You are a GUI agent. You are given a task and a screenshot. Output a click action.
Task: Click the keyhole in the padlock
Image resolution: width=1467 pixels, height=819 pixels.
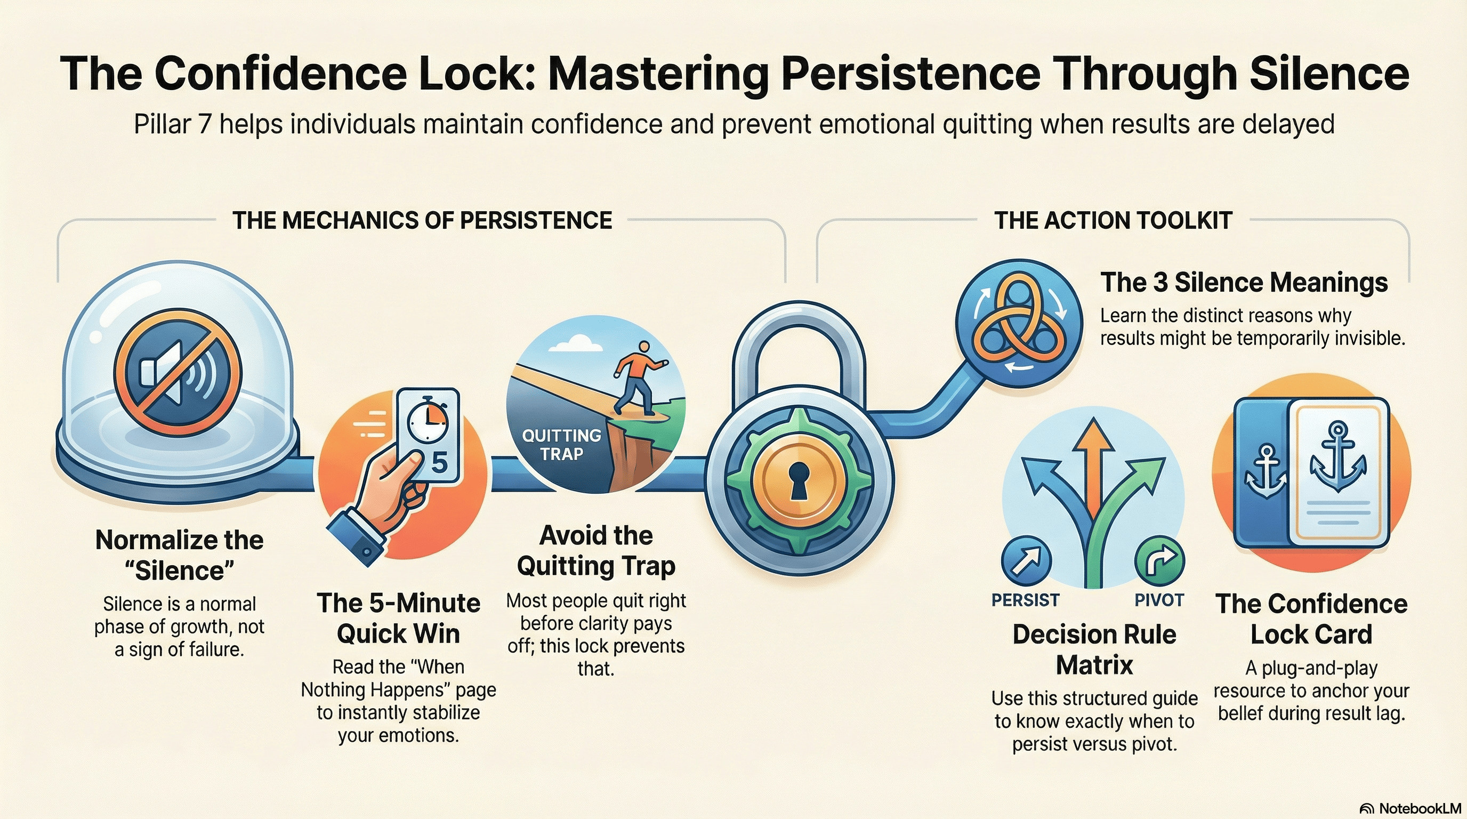(x=799, y=479)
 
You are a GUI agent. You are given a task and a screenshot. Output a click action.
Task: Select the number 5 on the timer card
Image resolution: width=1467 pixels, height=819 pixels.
(x=439, y=462)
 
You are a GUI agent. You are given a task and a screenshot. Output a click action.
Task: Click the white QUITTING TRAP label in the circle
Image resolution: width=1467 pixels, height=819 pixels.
(x=561, y=445)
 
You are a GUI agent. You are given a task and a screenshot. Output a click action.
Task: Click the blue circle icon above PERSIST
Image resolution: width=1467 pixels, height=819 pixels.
(x=1026, y=559)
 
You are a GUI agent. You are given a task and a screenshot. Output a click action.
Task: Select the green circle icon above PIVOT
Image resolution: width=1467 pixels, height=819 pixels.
(x=1159, y=559)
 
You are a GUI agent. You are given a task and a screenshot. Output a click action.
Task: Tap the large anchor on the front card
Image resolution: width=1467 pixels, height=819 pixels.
(x=1337, y=456)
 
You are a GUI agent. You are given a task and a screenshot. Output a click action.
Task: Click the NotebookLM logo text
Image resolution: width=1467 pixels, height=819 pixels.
(x=1410, y=808)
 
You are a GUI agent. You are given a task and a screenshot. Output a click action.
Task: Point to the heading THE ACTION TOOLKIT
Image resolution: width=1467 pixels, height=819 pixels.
(x=1113, y=220)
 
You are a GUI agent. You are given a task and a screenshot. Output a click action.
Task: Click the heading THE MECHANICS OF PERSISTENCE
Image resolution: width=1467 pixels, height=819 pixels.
(x=422, y=220)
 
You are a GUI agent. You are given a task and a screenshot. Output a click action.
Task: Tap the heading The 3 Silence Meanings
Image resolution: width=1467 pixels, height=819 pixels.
(x=1244, y=282)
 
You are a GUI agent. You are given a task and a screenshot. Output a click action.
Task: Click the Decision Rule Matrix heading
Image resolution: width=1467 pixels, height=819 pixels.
(x=1094, y=649)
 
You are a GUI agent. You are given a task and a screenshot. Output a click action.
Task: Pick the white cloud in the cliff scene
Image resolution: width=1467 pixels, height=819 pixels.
(x=577, y=343)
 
